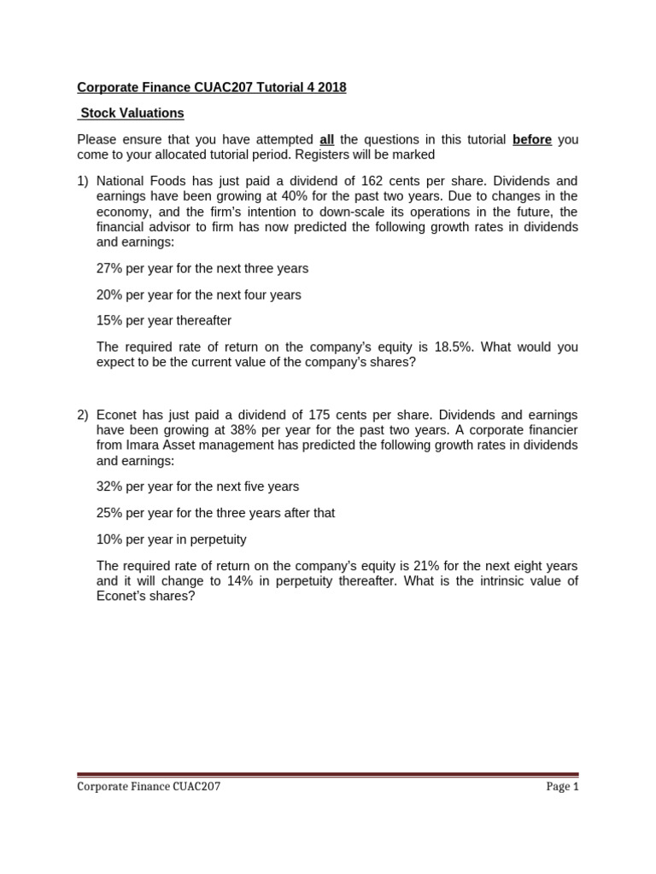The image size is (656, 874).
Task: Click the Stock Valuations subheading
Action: (x=132, y=114)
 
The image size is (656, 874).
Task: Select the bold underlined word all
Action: (x=325, y=140)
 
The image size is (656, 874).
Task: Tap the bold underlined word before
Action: (x=531, y=140)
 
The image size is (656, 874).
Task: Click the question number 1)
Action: (x=83, y=182)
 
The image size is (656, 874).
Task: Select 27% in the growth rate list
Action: (x=109, y=269)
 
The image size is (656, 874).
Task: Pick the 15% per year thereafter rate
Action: (x=109, y=321)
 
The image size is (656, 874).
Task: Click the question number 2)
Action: (x=83, y=416)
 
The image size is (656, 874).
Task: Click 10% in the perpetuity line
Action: (x=109, y=539)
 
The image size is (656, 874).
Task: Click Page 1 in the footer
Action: (x=562, y=787)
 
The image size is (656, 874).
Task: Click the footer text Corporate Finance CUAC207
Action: (x=149, y=787)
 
